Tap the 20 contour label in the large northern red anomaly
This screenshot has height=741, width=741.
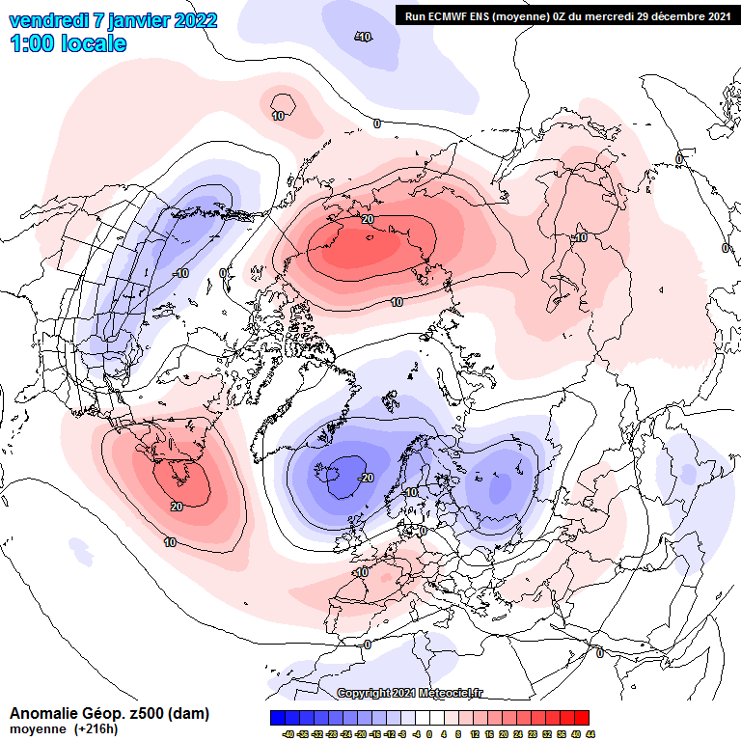click(x=367, y=220)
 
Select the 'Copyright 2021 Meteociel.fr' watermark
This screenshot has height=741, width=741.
click(x=411, y=693)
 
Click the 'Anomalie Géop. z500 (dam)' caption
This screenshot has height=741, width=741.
click(x=109, y=714)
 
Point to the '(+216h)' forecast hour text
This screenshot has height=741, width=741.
click(x=96, y=729)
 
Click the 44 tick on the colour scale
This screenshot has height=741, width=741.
click(x=590, y=734)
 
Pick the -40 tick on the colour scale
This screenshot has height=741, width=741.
click(x=288, y=734)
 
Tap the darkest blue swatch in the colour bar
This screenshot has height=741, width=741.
click(x=277, y=718)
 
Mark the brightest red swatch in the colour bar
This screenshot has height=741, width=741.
click(x=581, y=718)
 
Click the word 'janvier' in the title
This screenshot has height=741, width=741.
click(x=129, y=20)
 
